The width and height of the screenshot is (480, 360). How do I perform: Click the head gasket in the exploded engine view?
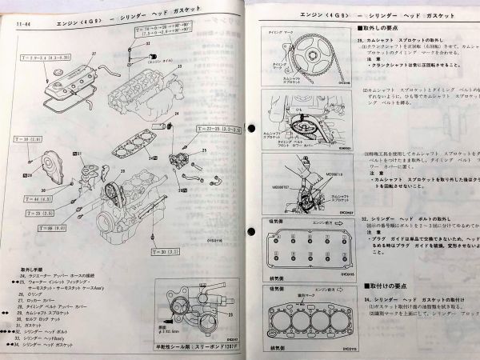tap(138, 133)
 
